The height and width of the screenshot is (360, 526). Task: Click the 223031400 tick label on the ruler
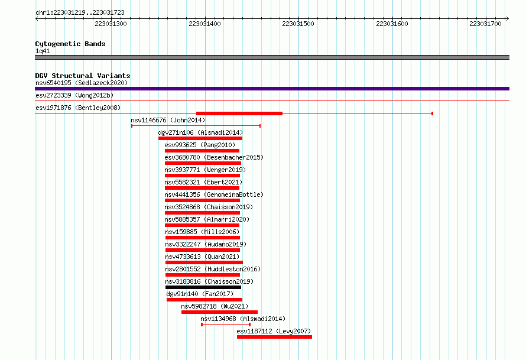pos(204,24)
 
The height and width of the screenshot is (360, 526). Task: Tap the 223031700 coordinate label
pos(485,24)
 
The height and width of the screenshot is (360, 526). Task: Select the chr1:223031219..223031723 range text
pos(80,13)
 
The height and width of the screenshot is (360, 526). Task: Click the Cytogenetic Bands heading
pos(70,44)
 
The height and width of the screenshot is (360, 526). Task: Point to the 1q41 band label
pos(43,51)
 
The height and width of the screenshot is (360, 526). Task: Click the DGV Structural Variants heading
pos(83,76)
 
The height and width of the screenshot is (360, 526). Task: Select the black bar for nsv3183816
pos(203,287)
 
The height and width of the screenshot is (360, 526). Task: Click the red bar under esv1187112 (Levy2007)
pos(274,337)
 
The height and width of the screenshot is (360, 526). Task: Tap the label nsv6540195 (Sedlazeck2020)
pos(82,83)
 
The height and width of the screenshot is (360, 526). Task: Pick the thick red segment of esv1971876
pos(239,113)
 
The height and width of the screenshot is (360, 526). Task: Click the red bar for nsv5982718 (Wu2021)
pos(219,312)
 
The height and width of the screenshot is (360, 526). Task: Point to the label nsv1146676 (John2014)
pos(168,120)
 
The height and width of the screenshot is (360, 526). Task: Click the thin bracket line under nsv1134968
pos(226,325)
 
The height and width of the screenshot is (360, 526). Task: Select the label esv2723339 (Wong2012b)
pos(74,95)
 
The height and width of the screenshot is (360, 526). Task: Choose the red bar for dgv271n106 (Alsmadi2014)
pos(200,138)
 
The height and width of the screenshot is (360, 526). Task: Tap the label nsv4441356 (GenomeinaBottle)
pos(214,194)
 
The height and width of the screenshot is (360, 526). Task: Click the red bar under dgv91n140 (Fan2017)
pos(204,300)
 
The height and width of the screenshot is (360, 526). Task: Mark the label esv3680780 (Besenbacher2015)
pos(214,157)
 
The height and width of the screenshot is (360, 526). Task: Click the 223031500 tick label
pos(298,24)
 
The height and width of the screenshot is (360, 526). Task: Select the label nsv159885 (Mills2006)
pos(202,232)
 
